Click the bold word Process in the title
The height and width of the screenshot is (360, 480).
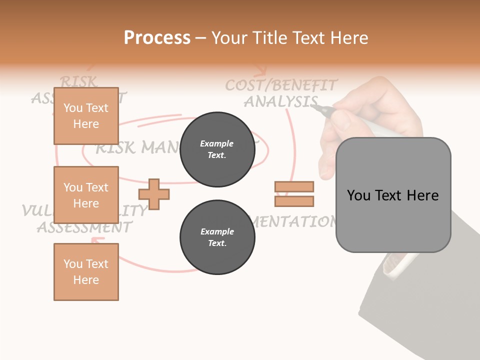click(x=157, y=38)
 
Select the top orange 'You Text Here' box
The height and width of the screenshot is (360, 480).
click(x=86, y=116)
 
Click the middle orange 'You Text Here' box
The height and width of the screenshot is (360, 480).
click(x=86, y=195)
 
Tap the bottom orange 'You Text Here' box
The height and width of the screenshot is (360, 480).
click(x=86, y=272)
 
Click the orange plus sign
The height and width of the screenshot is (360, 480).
click(x=154, y=194)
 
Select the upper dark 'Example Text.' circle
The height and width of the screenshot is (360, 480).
click(x=217, y=149)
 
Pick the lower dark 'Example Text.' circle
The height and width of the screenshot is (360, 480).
click(x=217, y=237)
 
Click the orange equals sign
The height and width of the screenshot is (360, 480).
click(x=294, y=194)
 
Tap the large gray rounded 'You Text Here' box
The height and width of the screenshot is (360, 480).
click(x=393, y=195)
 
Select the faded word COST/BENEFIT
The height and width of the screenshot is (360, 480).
click(x=281, y=85)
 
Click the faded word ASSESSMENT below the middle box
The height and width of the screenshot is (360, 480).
click(x=84, y=228)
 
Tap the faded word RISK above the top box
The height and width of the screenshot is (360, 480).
click(x=78, y=81)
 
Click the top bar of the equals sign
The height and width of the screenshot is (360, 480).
click(x=294, y=186)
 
